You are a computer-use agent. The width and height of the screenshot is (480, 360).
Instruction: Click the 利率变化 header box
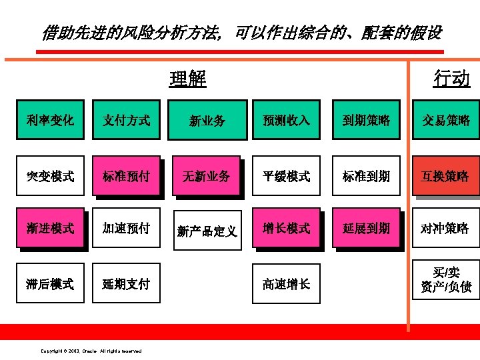click(51, 120)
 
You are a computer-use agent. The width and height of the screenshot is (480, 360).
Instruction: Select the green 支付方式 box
click(127, 120)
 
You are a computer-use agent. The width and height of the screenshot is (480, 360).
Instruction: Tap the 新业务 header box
click(207, 120)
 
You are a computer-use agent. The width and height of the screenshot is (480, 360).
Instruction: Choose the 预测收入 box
click(286, 120)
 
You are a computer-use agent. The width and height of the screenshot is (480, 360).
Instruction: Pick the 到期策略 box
click(366, 120)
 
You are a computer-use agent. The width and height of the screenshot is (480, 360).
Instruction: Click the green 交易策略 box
click(445, 120)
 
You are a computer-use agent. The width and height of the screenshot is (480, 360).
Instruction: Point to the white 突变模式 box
click(51, 176)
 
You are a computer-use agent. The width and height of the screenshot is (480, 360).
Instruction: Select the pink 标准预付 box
click(127, 176)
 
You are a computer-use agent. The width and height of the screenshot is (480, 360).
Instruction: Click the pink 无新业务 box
click(206, 176)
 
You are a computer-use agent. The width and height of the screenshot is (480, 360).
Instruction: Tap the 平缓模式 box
click(286, 176)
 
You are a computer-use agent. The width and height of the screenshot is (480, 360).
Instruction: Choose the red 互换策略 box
click(445, 176)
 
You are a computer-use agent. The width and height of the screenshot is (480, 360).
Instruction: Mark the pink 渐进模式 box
click(51, 229)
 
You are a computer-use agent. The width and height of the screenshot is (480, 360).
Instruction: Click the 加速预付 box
click(127, 229)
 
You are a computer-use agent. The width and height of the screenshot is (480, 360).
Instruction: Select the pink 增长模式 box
click(286, 229)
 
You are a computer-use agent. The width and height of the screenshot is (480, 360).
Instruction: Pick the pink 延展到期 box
click(366, 229)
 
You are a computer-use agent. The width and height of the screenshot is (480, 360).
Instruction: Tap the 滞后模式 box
click(51, 284)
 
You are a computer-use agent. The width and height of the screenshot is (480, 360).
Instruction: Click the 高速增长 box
click(286, 284)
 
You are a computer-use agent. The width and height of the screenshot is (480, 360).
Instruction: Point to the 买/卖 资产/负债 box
click(445, 279)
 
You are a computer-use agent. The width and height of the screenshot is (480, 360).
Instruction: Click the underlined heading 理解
click(188, 79)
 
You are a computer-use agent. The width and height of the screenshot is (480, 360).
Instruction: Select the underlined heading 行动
click(451, 79)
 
